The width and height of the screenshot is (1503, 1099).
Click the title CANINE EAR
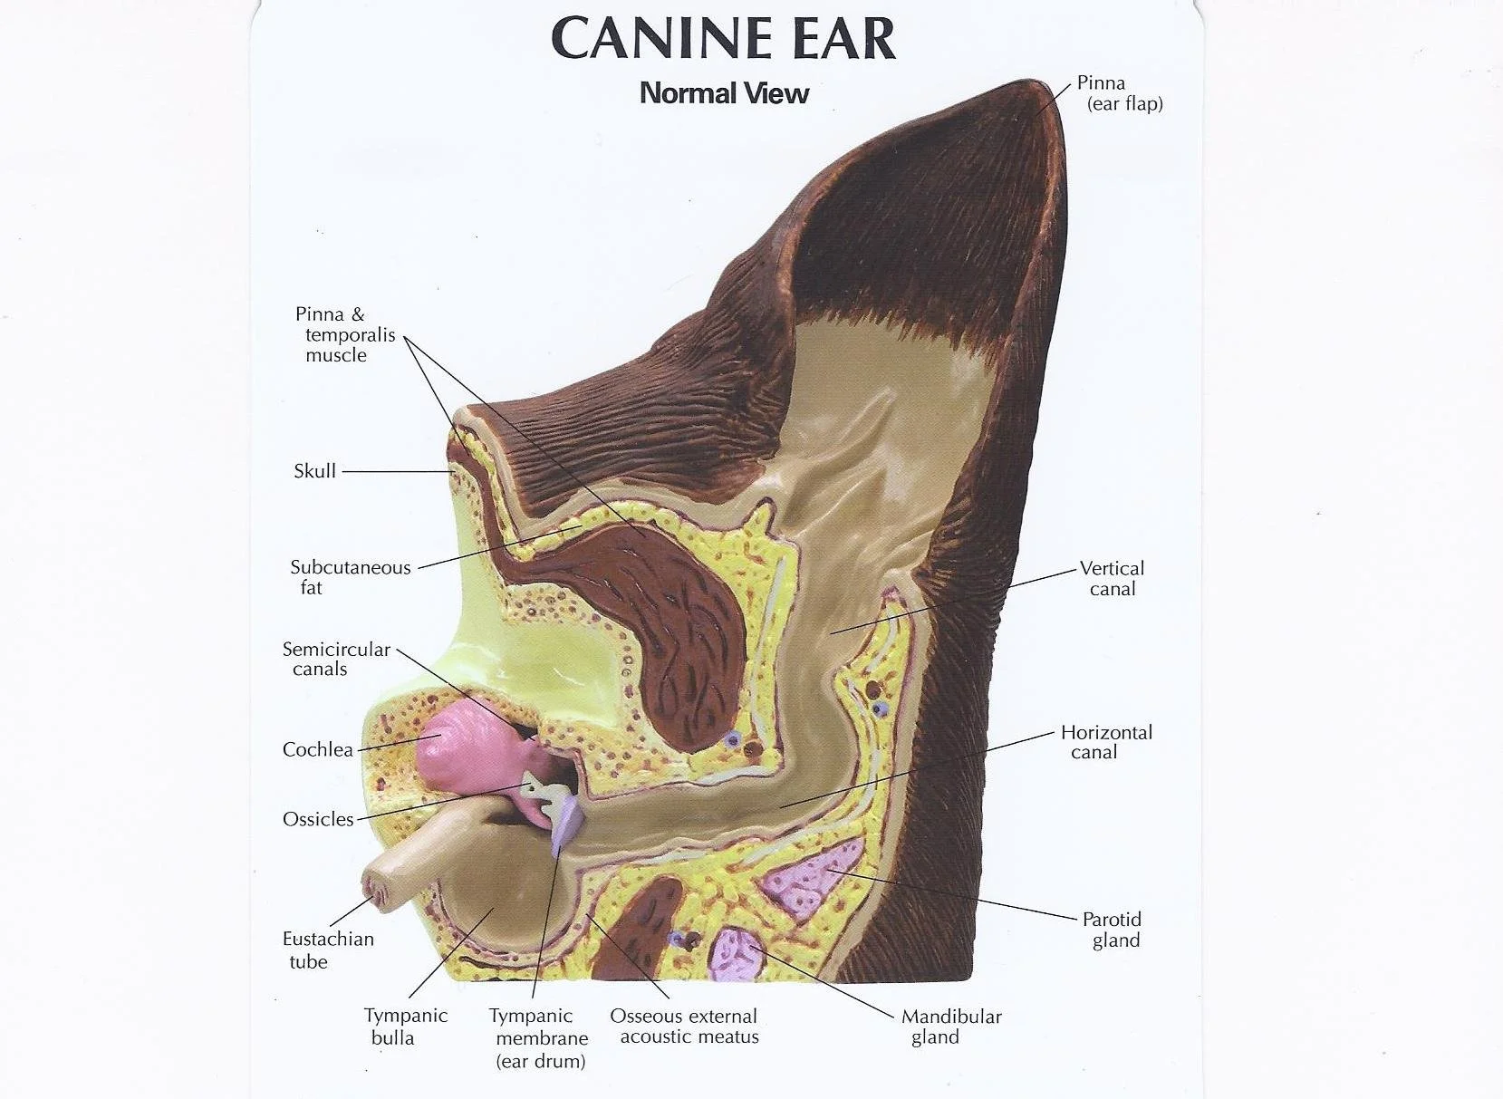[x=723, y=39]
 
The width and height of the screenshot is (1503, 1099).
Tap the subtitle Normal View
[x=724, y=93]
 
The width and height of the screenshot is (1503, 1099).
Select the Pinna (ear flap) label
[x=1119, y=93]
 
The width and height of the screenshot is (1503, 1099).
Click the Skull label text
[x=314, y=471]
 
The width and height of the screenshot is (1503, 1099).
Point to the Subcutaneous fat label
[x=350, y=577]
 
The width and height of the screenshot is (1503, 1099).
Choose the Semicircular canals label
[x=335, y=659]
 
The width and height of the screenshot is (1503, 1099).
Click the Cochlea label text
[x=317, y=749]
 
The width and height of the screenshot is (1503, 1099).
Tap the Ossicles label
[x=318, y=819]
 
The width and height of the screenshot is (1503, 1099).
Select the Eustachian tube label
[x=327, y=950]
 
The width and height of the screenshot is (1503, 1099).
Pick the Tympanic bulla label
[x=405, y=1027]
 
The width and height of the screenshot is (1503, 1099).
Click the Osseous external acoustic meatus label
[x=685, y=1027]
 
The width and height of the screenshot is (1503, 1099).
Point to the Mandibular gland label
[x=950, y=1027]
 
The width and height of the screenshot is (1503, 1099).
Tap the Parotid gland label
[x=1113, y=930]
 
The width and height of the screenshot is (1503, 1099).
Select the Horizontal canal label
[x=1105, y=742]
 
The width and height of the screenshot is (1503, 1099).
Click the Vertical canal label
[x=1112, y=578]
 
